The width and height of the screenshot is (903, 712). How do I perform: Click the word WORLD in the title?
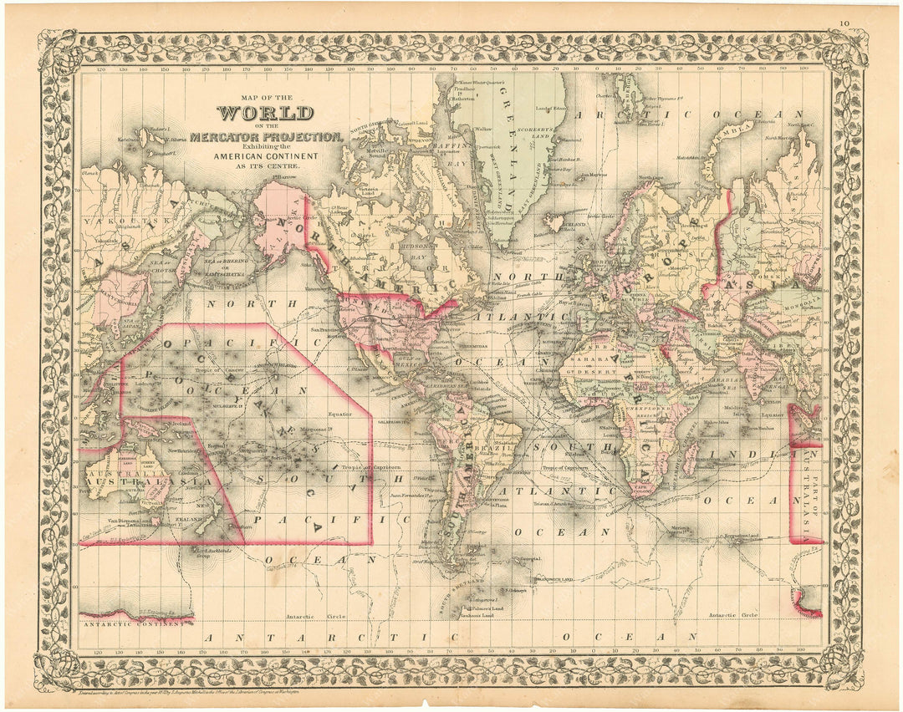click(265, 113)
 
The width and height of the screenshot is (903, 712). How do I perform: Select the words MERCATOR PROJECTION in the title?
click(265, 136)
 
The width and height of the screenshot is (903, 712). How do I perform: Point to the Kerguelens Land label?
click(742, 536)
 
